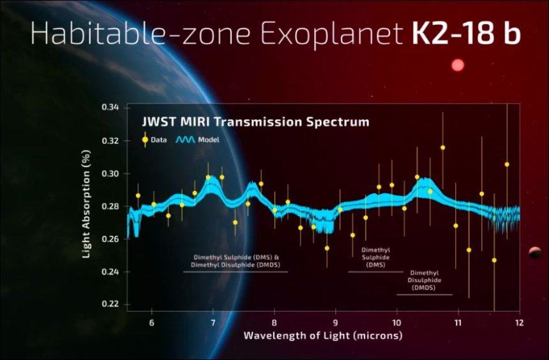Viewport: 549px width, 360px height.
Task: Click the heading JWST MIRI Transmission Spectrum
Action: pyautogui.click(x=255, y=121)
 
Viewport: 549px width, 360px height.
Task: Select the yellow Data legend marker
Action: pyautogui.click(x=146, y=140)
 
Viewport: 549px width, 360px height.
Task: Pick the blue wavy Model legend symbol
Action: pyautogui.click(x=184, y=140)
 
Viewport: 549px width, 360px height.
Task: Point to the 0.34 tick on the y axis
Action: pyautogui.click(x=109, y=108)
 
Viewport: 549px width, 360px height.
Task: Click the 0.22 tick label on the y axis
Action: pyautogui.click(x=109, y=304)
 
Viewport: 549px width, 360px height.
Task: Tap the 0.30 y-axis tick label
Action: pyautogui.click(x=109, y=174)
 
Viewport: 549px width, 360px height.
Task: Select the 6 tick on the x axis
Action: pyautogui.click(x=152, y=322)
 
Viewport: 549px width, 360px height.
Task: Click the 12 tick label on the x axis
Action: pyautogui.click(x=519, y=322)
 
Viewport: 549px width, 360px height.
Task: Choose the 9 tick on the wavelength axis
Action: pyautogui.click(x=335, y=322)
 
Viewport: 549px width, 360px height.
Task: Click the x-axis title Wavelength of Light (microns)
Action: pyautogui.click(x=322, y=335)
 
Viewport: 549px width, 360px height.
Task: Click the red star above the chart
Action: pyautogui.click(x=457, y=65)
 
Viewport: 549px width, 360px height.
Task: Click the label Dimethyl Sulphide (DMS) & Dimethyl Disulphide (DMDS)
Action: pyautogui.click(x=236, y=261)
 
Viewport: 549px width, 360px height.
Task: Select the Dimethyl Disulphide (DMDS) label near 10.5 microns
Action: pyautogui.click(x=425, y=280)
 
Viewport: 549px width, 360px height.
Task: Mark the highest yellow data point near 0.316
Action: pyautogui.click(x=442, y=147)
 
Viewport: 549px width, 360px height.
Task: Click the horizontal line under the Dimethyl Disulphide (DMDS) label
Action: pyautogui.click(x=425, y=294)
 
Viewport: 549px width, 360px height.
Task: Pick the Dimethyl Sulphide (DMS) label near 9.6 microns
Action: pyautogui.click(x=375, y=257)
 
